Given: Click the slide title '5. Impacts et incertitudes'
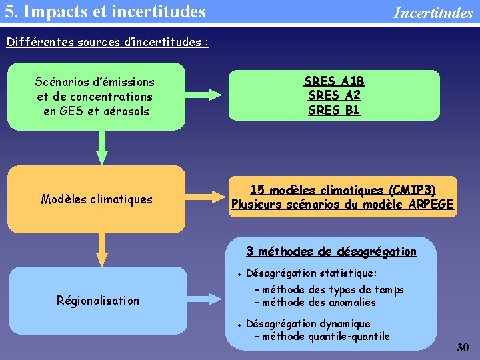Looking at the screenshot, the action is [x=105, y=11].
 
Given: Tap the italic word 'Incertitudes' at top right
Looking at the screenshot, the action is [x=433, y=13].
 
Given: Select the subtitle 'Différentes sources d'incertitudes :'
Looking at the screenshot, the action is [x=107, y=42].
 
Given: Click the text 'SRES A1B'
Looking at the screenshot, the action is [x=334, y=81].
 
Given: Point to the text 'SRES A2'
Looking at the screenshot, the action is [x=334, y=95].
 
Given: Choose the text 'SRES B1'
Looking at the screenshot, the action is [x=334, y=109].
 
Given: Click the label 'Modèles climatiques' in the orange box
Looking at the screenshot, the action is [x=97, y=199].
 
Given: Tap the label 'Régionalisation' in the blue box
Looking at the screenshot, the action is [x=97, y=300].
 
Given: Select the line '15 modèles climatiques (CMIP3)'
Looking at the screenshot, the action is [x=343, y=189].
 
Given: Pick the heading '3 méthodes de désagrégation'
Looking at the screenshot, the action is [x=331, y=251].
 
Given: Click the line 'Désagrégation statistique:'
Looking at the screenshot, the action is [x=311, y=273].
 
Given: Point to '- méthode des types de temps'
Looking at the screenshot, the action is [x=329, y=289].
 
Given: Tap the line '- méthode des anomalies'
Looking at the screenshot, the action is [x=315, y=302].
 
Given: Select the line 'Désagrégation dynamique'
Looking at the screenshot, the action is [x=308, y=324].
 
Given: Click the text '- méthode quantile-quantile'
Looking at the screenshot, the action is [x=322, y=337].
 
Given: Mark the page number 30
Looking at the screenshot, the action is [x=463, y=347].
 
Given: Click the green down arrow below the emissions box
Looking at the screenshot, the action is [x=101, y=147].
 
